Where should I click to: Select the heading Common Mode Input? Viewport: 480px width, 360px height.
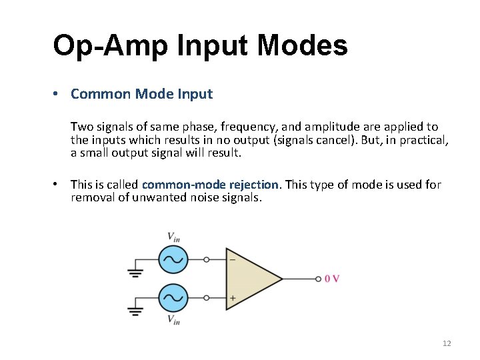point(141,94)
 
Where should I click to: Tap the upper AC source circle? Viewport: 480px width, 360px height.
point(173,259)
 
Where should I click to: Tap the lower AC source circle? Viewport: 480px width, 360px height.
point(173,298)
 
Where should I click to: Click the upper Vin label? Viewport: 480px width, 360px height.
point(173,237)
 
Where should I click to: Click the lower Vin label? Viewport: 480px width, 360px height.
point(173,320)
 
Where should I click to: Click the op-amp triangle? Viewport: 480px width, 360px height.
point(251,279)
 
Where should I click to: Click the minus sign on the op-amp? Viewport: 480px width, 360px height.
point(232,259)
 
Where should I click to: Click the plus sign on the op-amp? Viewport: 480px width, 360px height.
point(232,298)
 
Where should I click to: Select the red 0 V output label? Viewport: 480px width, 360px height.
point(332,279)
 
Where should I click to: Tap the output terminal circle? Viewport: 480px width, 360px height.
point(318,279)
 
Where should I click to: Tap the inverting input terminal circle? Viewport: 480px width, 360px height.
point(206,259)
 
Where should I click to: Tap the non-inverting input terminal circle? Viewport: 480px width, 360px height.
point(206,298)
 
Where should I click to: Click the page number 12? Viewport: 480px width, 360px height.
point(447,343)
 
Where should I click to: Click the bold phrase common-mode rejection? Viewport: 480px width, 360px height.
point(210,185)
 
